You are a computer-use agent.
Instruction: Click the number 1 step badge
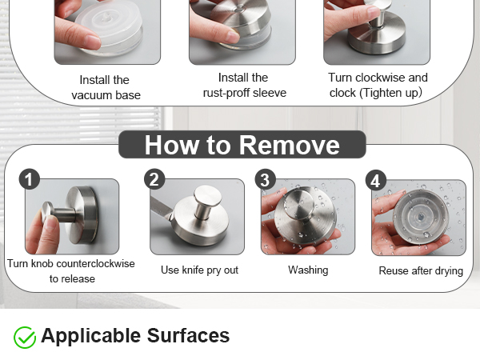tap(29, 179)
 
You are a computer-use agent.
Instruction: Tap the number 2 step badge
tap(154, 179)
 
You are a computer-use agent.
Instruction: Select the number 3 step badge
tap(265, 180)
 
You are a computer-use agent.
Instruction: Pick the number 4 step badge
tap(376, 180)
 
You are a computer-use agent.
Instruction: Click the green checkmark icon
tap(25, 337)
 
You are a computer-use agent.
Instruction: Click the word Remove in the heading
tap(290, 145)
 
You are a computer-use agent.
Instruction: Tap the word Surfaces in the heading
tap(188, 335)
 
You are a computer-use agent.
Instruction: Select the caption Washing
tap(308, 270)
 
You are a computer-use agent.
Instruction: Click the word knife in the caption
tap(193, 270)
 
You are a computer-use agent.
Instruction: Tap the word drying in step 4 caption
tap(449, 271)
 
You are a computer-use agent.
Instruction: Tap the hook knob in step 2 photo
tap(208, 195)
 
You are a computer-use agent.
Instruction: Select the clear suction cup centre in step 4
tap(420, 217)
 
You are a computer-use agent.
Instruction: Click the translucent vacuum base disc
tap(109, 29)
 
